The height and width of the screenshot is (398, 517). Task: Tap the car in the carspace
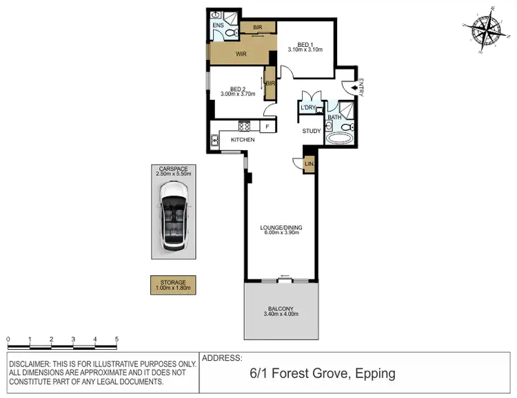[173, 222]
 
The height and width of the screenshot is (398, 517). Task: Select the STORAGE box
[173, 284]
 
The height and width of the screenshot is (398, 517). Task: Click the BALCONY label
[281, 308]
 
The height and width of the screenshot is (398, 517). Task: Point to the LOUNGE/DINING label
[281, 227]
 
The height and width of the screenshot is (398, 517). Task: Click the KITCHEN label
[243, 140]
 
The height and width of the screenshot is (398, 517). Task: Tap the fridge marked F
[267, 127]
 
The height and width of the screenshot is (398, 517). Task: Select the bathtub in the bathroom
[338, 137]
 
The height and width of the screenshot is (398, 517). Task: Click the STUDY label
[312, 131]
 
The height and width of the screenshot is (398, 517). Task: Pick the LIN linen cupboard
[310, 164]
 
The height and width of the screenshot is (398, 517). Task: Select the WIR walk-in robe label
[241, 53]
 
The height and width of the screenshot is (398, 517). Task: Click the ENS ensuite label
[217, 25]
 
